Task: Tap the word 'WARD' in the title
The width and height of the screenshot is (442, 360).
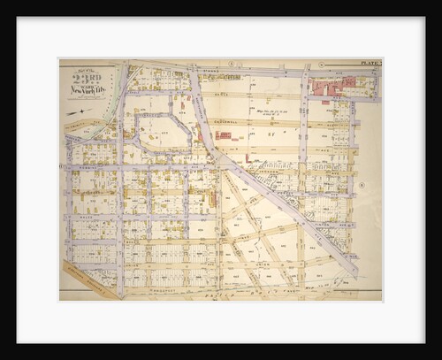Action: tap(89, 86)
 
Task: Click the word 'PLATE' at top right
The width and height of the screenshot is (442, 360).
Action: tap(370, 64)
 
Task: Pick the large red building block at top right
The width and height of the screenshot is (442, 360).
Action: tap(339, 87)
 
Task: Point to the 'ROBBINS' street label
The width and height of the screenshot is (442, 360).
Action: tap(88, 168)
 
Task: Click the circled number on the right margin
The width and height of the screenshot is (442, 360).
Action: tap(362, 184)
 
